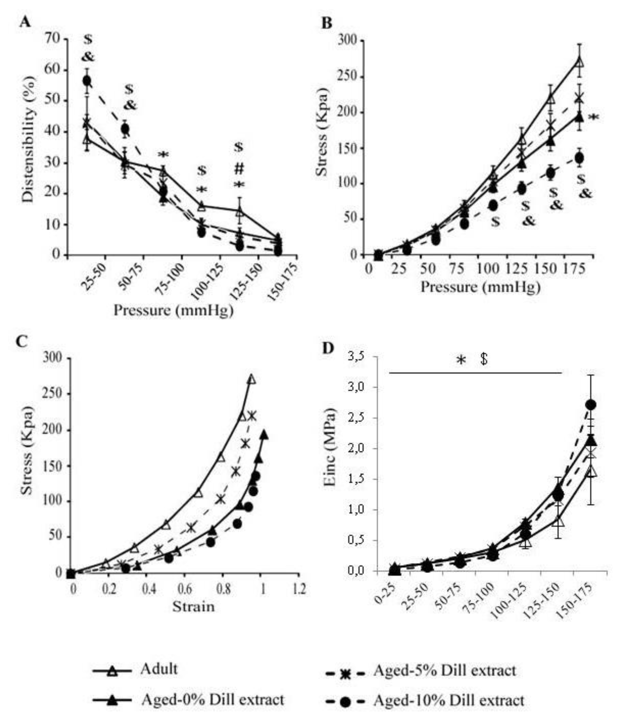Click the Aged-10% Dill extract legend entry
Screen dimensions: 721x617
449,700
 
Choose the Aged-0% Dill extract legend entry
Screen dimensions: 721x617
212,699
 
